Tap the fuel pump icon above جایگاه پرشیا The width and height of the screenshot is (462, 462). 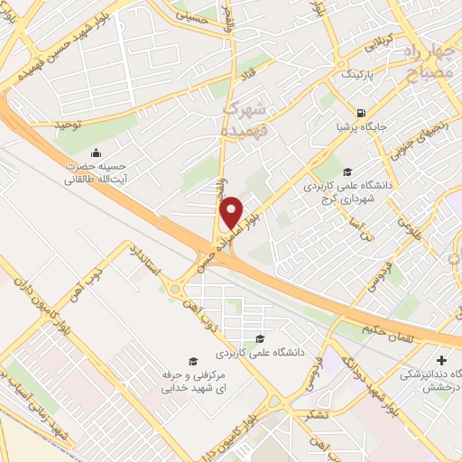point(362,115)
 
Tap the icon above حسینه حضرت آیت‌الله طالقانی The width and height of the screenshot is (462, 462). point(97,151)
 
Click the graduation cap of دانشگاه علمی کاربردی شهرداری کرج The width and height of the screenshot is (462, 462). point(346,172)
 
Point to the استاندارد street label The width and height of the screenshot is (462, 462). point(149,262)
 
